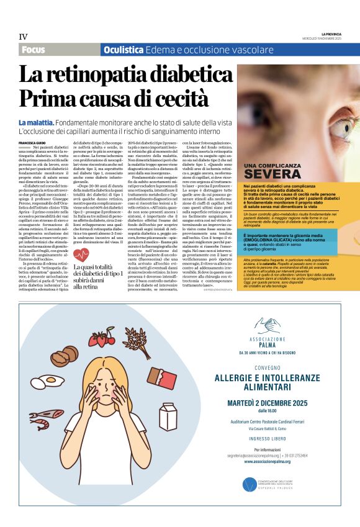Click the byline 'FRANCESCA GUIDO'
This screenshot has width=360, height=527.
click(32, 144)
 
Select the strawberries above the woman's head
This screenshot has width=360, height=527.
click(101, 339)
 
